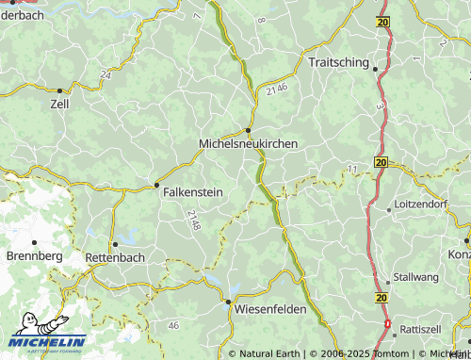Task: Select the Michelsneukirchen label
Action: click(x=249, y=143)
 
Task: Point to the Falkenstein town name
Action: click(x=193, y=192)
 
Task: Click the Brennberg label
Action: click(x=34, y=255)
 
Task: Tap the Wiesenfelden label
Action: click(x=272, y=308)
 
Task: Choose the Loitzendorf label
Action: click(x=429, y=203)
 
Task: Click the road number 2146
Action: click(x=276, y=89)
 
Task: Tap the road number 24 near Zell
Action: click(x=104, y=74)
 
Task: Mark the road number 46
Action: click(x=172, y=325)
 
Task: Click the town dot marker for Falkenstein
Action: click(x=155, y=185)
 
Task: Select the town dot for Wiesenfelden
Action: click(x=227, y=302)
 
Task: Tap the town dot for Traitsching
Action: click(x=374, y=69)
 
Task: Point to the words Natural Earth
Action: click(x=270, y=354)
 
